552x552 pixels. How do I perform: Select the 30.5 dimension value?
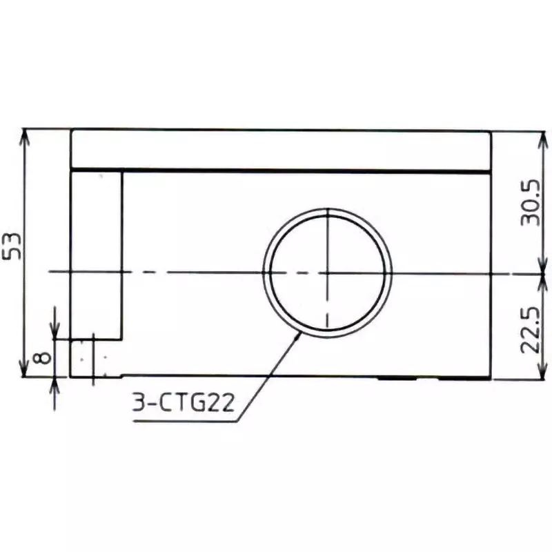point(530,203)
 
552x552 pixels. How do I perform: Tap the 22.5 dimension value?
point(530,331)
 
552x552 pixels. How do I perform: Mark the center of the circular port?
point(327,272)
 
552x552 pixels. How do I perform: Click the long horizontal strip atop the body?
point(281,149)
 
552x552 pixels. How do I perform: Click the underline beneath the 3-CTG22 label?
point(183,422)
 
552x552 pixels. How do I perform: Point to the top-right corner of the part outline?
point(491,130)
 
